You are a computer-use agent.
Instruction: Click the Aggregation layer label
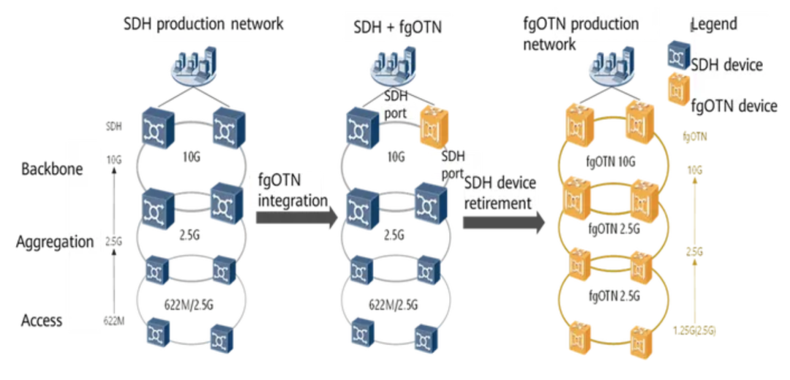tap(54, 242)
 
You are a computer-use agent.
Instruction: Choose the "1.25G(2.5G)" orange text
tap(695, 331)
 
